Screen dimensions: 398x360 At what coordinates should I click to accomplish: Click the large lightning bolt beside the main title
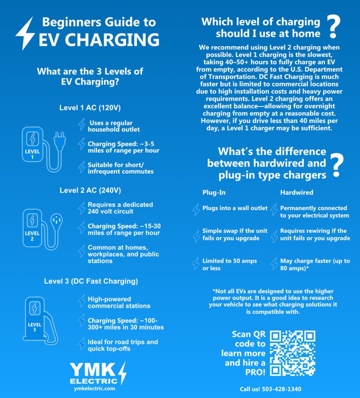click(x=25, y=33)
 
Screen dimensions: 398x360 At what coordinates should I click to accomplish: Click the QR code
click(x=293, y=353)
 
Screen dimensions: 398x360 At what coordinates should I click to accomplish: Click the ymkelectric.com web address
click(x=94, y=388)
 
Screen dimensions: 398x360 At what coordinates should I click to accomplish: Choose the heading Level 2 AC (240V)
click(x=90, y=190)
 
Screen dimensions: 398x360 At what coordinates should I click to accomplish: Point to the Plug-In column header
click(x=214, y=192)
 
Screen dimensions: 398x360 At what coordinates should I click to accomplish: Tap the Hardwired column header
click(x=297, y=192)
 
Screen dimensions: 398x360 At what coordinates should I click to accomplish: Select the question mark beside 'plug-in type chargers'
click(x=337, y=165)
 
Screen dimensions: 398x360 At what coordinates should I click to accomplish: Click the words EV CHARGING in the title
click(x=99, y=40)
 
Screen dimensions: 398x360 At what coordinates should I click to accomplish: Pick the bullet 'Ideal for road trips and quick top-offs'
click(x=123, y=345)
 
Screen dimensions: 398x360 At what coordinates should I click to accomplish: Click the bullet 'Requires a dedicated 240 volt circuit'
click(x=120, y=208)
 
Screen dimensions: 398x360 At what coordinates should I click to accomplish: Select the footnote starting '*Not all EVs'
click(x=273, y=301)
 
